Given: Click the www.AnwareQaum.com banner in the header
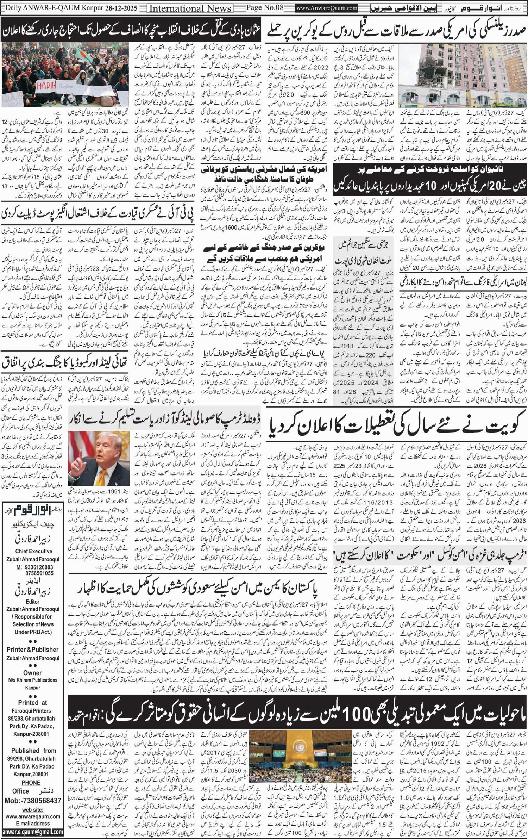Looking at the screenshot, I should click(327, 8).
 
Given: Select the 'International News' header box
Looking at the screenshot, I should click(190, 8).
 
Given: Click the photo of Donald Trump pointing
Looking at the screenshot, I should click(99, 458).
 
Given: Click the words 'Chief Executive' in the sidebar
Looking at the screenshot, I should click(34, 551).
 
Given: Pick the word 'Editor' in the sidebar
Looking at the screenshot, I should click(32, 602).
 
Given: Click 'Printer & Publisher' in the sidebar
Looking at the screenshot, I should click(33, 650).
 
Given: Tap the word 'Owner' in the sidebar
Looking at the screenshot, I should click(33, 673).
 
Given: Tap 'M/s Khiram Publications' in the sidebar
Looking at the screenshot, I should click(33, 680).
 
